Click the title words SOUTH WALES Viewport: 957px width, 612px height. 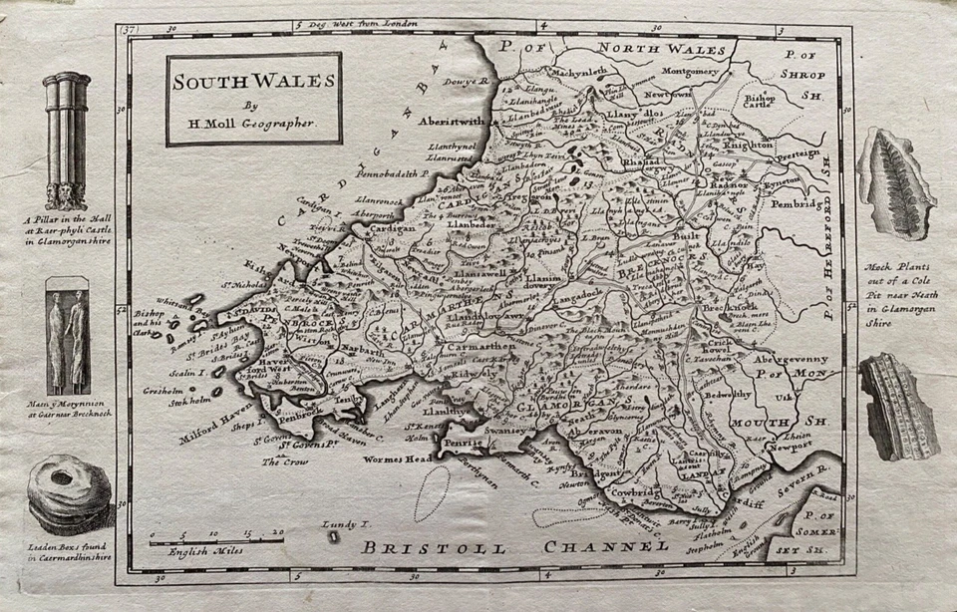coord(253,82)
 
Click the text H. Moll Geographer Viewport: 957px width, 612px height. coord(253,122)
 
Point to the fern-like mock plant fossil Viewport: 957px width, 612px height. coord(897,182)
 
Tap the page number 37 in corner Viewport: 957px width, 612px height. coord(129,30)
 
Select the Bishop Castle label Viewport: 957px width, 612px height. coord(760,104)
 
